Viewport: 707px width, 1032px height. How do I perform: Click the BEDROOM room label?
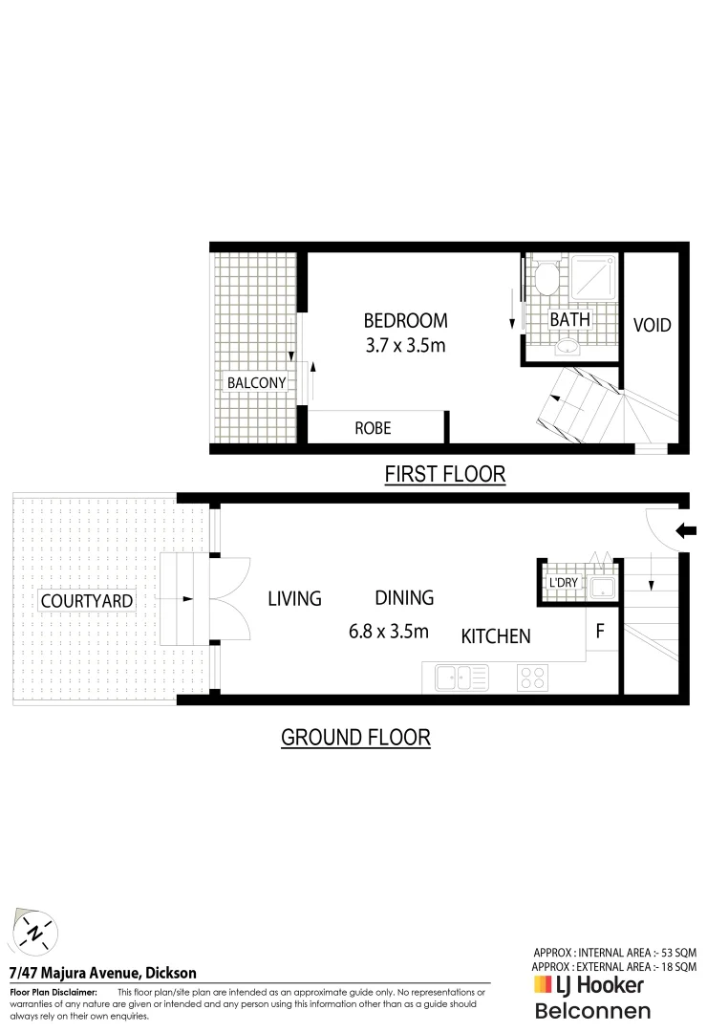(x=405, y=320)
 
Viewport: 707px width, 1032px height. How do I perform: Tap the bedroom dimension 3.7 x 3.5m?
(x=405, y=345)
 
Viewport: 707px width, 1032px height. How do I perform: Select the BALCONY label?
(x=256, y=383)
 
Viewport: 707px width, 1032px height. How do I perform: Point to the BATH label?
(x=569, y=319)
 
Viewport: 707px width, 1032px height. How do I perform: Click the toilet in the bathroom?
(x=546, y=279)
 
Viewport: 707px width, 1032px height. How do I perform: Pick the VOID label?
(x=653, y=325)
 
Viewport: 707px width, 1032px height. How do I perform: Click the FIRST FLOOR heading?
(x=444, y=474)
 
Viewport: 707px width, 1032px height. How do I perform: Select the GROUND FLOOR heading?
(x=355, y=737)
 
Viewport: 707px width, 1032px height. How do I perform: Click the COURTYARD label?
(x=73, y=601)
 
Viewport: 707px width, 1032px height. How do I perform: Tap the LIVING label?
(x=294, y=599)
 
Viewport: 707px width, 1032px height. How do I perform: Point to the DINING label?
(x=404, y=598)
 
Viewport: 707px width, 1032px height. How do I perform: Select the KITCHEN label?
(x=496, y=635)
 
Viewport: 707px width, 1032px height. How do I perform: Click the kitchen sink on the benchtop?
(x=461, y=678)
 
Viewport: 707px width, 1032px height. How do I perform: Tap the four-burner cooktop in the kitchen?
(x=532, y=678)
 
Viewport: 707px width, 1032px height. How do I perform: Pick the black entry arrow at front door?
(x=686, y=530)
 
